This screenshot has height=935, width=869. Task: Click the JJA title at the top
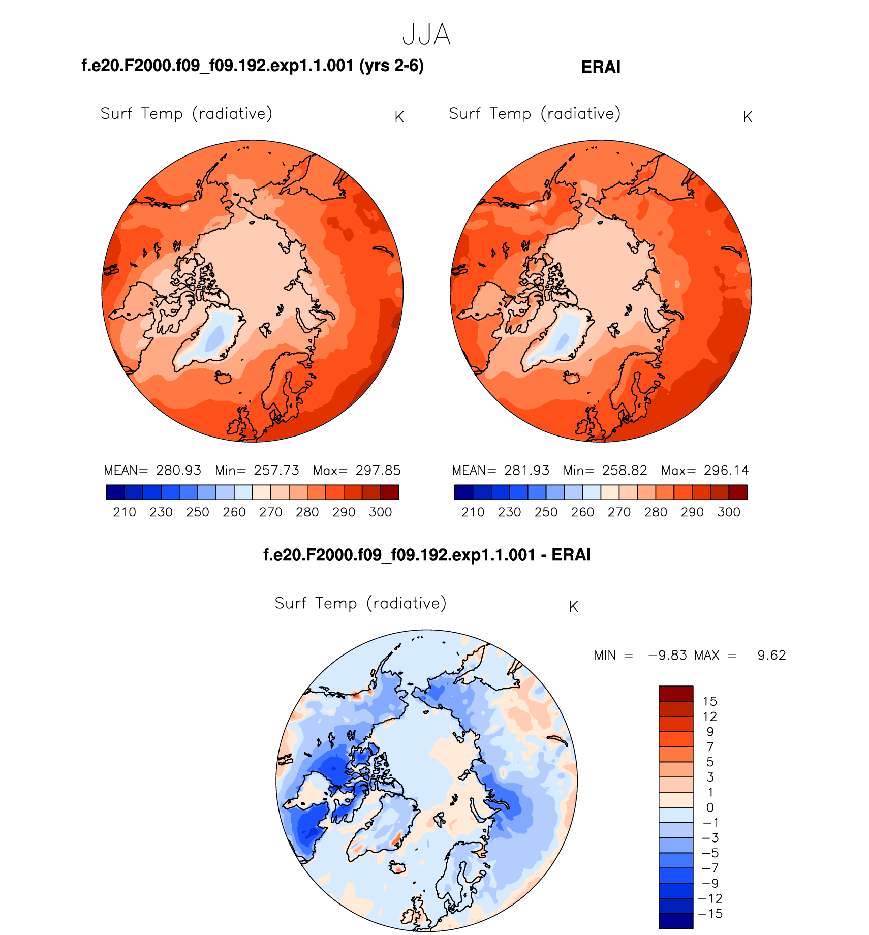(426, 35)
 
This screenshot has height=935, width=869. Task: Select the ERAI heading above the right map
(601, 67)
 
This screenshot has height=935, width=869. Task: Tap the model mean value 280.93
(178, 471)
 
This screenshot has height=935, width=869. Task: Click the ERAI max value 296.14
(726, 471)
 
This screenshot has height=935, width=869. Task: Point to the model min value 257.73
(276, 471)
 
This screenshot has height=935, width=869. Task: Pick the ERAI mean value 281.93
(526, 471)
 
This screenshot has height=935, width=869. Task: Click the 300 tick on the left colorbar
(381, 512)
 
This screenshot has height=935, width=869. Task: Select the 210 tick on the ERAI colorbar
(473, 512)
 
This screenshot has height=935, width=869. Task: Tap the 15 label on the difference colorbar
(709, 702)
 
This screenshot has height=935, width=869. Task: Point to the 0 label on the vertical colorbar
(710, 807)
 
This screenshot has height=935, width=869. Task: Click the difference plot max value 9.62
(771, 656)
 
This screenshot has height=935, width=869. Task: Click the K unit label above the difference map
(573, 607)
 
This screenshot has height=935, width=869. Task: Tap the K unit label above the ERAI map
(747, 117)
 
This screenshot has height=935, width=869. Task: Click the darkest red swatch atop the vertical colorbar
(676, 694)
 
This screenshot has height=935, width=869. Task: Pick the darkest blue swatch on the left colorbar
(115, 492)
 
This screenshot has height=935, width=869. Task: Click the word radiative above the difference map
(410, 603)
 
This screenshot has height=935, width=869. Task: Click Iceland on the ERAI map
(572, 378)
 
